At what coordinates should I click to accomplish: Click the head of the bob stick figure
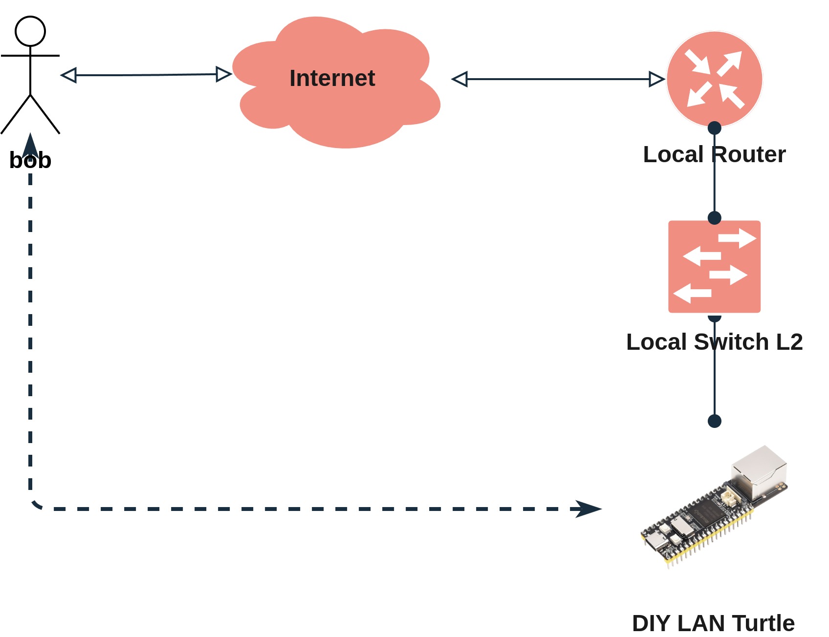30,31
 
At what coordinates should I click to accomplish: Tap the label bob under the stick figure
30,161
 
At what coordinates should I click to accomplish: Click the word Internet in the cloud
332,78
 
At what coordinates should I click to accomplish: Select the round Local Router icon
714,79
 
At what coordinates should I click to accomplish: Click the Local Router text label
714,154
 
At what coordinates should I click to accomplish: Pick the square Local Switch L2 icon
714,266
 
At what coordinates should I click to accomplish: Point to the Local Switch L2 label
714,342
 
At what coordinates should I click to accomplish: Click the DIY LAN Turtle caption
713,623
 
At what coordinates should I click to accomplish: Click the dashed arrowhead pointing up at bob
30,146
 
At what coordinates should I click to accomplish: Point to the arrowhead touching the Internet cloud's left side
223,74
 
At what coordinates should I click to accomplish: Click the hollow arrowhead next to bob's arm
69,75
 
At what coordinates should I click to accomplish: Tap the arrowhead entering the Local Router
656,79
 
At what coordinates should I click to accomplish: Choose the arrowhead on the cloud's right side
460,79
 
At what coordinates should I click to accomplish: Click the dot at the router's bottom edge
714,128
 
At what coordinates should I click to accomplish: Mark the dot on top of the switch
714,218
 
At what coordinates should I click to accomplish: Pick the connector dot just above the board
714,421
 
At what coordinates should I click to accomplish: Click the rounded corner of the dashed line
35,505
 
